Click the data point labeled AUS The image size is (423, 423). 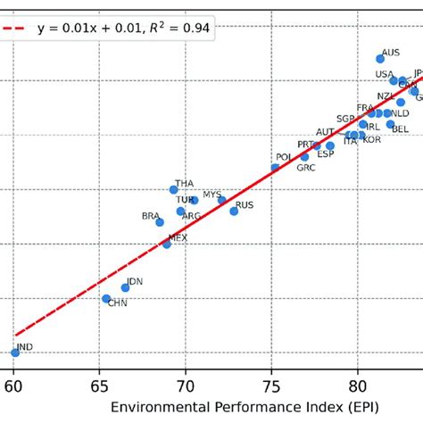(380, 59)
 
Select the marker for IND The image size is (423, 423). (15, 352)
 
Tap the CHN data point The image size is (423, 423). (106, 299)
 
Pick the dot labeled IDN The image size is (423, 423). (125, 287)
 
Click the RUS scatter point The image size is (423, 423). (234, 211)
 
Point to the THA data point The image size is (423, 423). (174, 189)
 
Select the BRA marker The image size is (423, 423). (160, 222)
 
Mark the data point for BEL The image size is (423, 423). (390, 124)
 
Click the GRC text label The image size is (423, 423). (306, 168)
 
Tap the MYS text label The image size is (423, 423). (212, 194)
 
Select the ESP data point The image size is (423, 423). (330, 145)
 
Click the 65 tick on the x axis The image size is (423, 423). (100, 387)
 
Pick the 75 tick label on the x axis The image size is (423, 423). (272, 387)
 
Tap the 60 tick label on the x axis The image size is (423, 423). (14, 387)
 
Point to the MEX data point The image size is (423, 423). (166, 243)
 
